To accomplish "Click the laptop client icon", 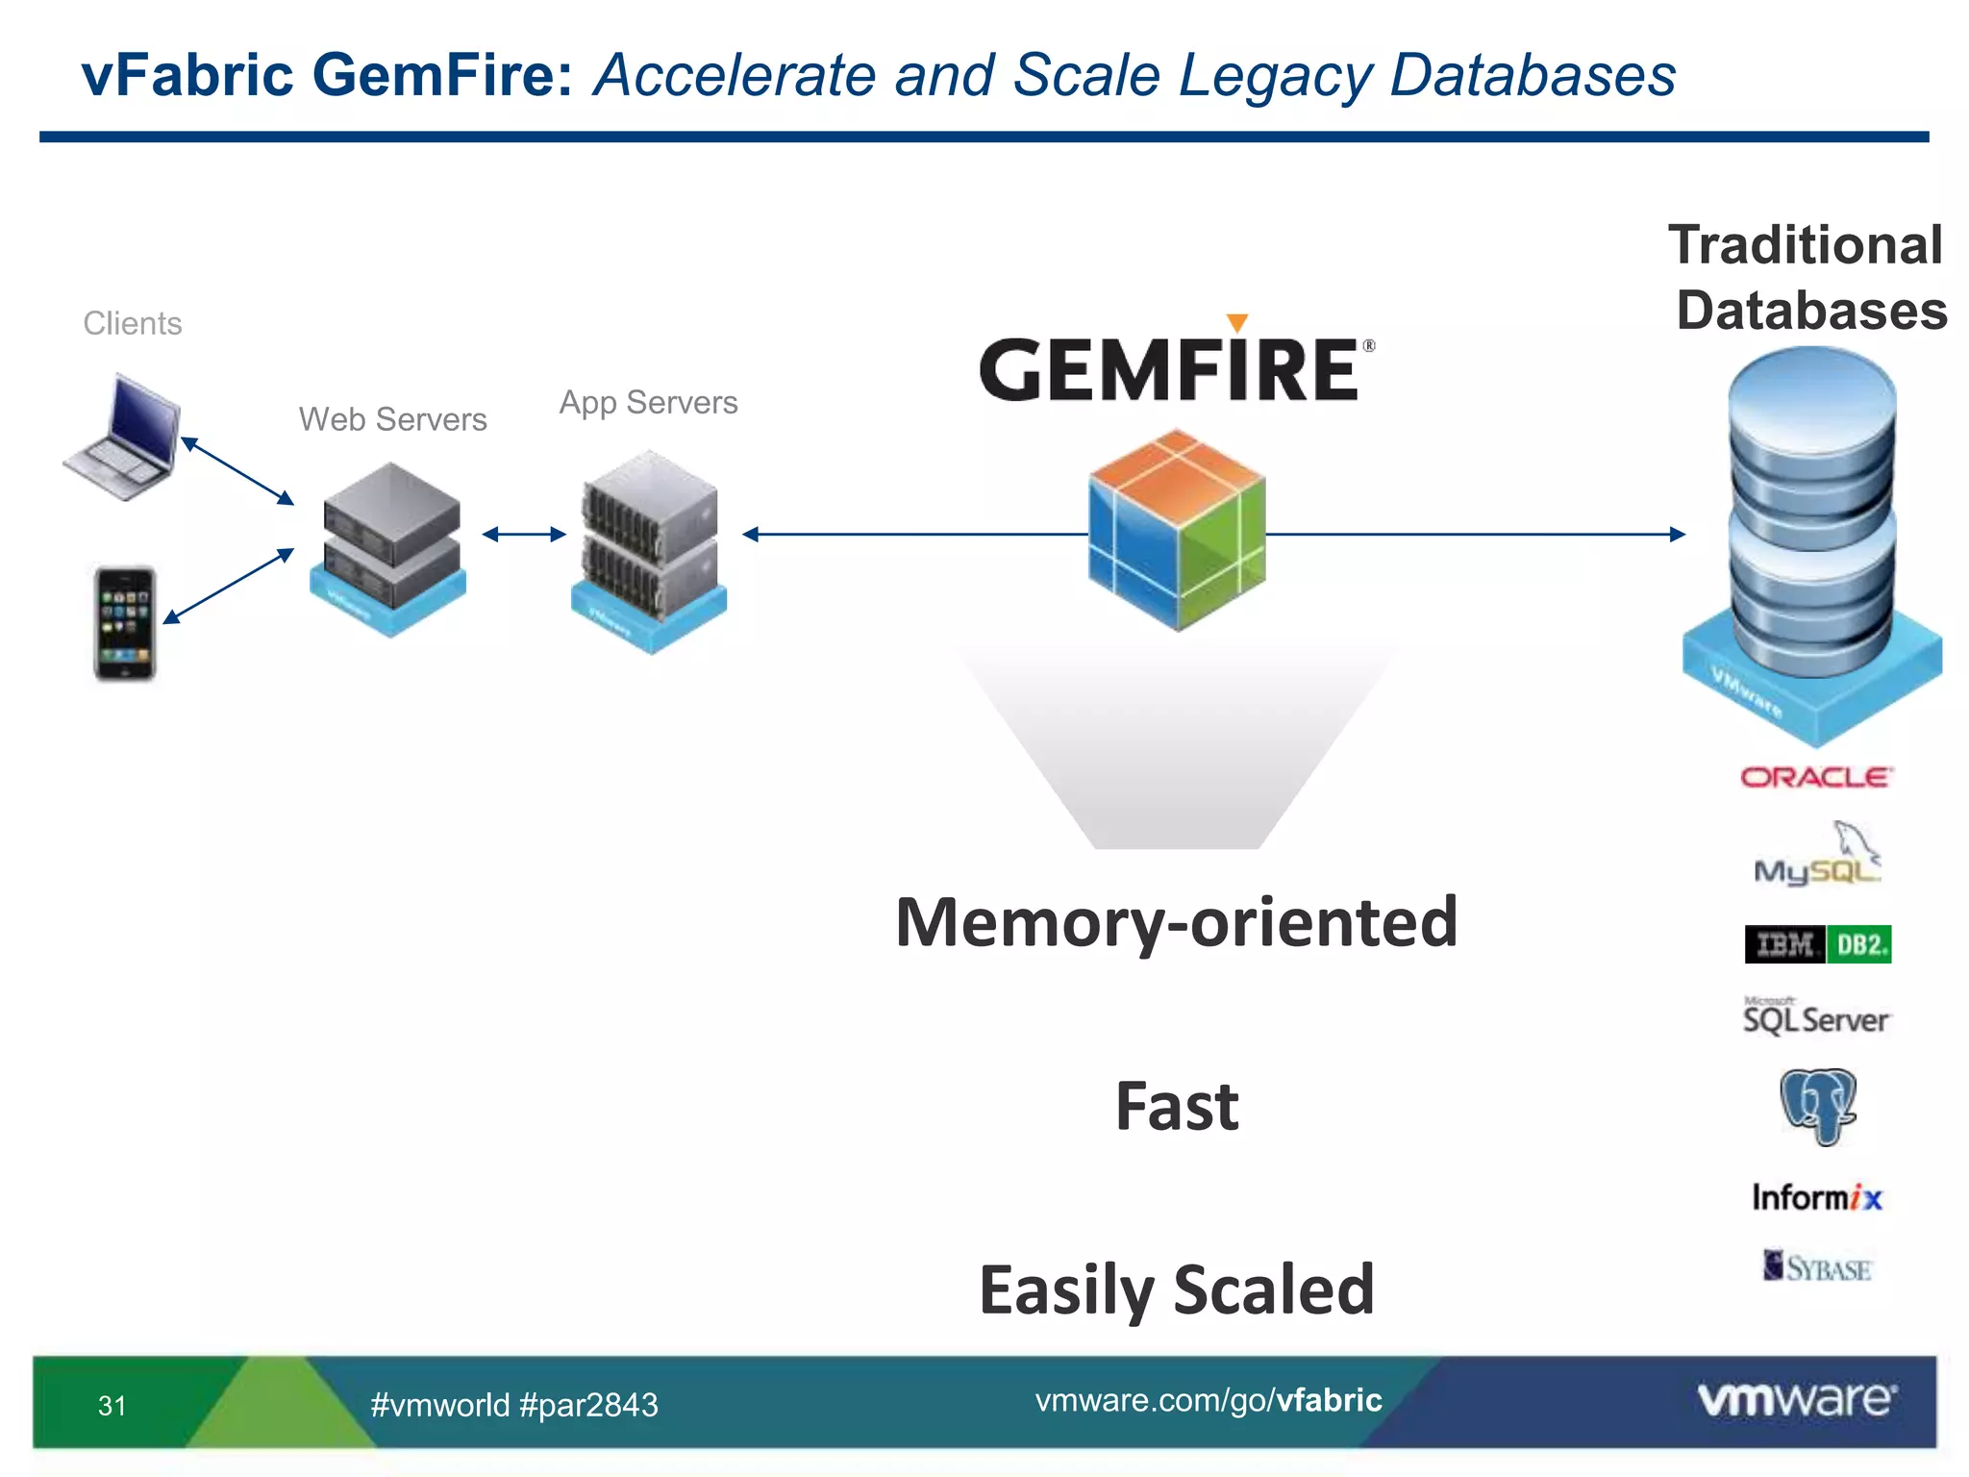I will [123, 438].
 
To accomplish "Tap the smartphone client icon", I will [125, 623].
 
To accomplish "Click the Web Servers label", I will [392, 419].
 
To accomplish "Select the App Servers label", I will [648, 402].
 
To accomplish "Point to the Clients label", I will [132, 323].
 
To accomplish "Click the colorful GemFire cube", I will [1177, 531].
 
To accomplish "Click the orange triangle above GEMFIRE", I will [1237, 322].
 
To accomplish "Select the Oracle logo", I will [1816, 777].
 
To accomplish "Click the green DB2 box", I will [1858, 944].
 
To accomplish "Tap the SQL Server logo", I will [1816, 1017].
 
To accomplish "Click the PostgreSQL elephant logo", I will [1817, 1106].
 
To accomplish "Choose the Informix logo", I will [1816, 1197].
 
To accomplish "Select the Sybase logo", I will [1817, 1267].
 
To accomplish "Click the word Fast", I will [1177, 1106].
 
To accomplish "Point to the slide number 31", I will [112, 1405].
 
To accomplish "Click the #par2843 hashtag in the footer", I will [588, 1405].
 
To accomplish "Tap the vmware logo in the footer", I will [1796, 1399].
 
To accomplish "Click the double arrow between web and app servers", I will [524, 535].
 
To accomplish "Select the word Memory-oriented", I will [1177, 923].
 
